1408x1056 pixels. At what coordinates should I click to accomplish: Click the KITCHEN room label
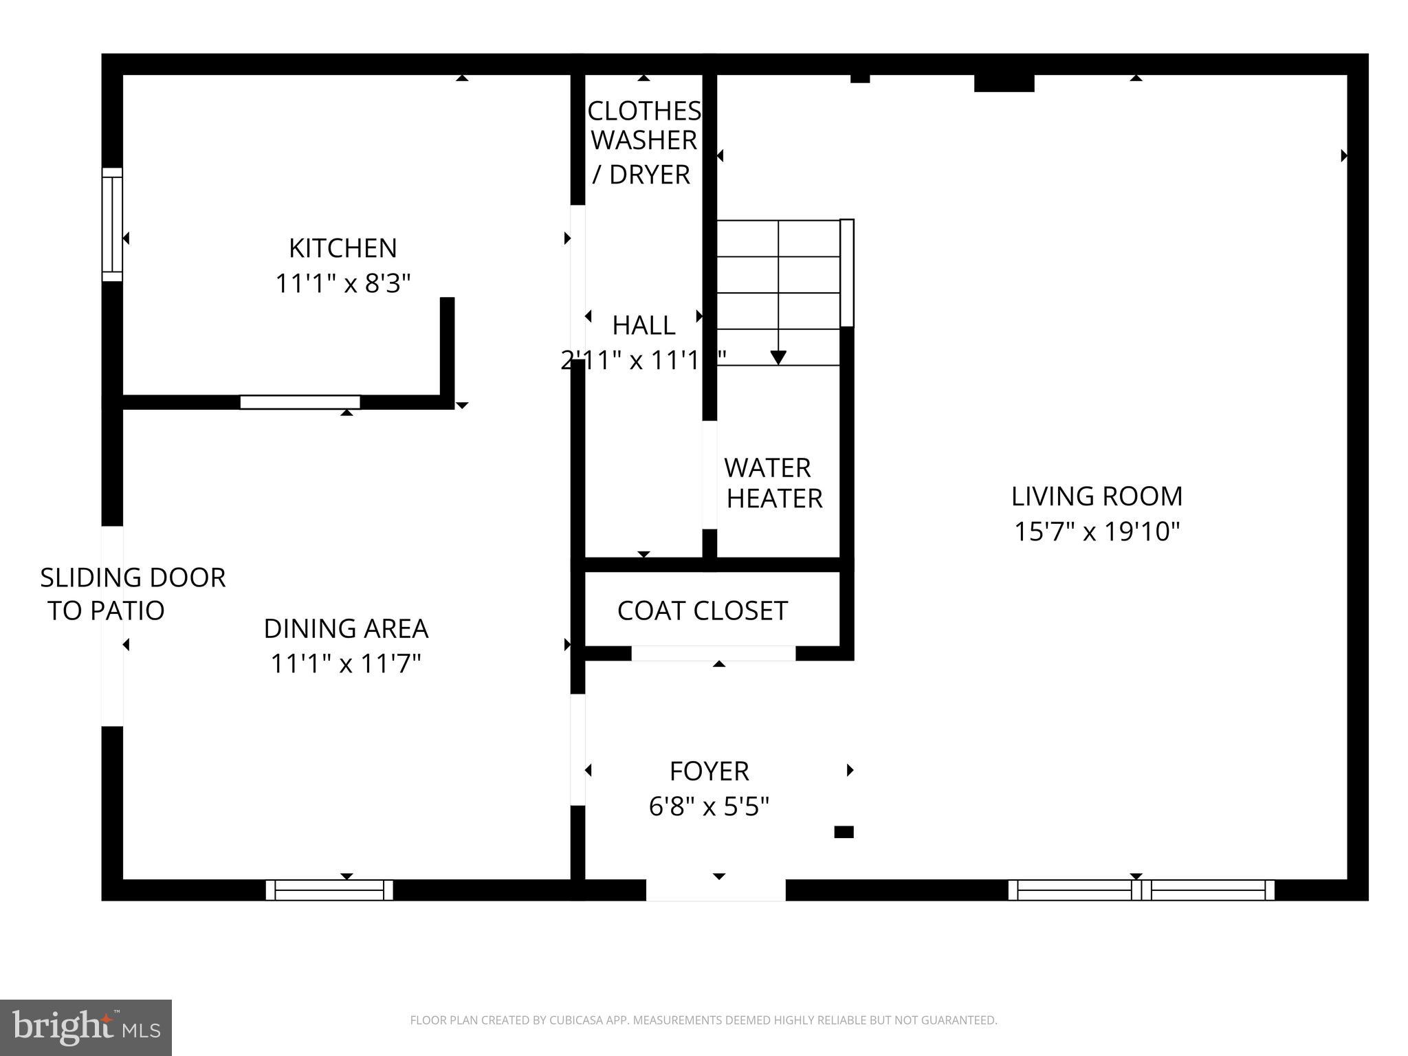[x=342, y=248]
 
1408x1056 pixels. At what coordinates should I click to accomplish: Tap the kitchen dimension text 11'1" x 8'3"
[x=342, y=283]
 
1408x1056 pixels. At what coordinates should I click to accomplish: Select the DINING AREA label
[x=346, y=628]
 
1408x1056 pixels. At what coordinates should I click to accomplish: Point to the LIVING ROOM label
[x=1097, y=496]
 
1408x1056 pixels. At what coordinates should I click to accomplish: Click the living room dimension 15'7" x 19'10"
[x=1097, y=531]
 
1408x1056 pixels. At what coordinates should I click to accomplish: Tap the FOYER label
[x=709, y=771]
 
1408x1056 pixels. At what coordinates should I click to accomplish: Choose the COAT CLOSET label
[x=702, y=610]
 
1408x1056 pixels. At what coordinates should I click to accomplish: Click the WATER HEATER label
[x=772, y=483]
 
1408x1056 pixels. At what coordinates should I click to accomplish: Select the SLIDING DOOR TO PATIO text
[x=132, y=593]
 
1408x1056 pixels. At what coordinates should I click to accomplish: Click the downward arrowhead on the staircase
[x=778, y=357]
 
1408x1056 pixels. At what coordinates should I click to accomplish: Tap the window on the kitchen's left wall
[x=112, y=225]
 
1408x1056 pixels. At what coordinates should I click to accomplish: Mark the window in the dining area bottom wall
[x=329, y=890]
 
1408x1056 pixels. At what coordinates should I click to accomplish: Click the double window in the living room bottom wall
[x=1141, y=890]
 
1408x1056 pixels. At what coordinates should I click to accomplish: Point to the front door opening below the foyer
[x=716, y=890]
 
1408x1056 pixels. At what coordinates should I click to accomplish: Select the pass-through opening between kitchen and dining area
[x=300, y=402]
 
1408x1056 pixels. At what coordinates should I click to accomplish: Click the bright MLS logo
[x=85, y=1028]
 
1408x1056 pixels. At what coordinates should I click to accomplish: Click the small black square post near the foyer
[x=844, y=832]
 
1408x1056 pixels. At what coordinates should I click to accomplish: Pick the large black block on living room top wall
[x=1004, y=82]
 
